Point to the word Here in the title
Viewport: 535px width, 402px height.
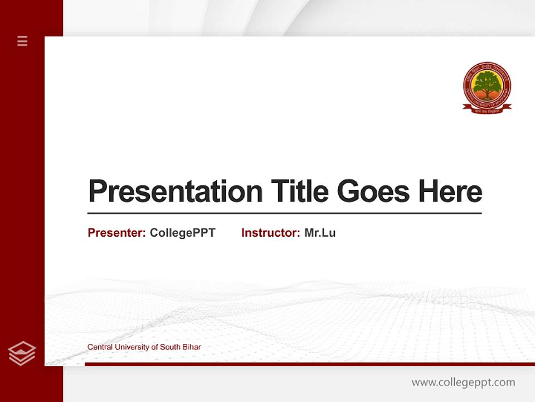450,192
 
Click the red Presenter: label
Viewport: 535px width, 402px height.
116,233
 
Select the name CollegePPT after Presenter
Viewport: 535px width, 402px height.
182,233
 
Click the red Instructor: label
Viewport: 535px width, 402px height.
270,233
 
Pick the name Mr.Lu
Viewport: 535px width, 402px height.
320,233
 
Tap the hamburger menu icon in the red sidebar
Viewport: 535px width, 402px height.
22,41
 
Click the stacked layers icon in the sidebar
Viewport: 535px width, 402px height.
22,353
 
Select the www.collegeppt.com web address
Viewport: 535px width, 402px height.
463,382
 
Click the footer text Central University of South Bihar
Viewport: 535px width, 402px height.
144,347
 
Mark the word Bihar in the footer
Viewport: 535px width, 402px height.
192,347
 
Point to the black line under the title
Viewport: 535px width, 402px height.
284,213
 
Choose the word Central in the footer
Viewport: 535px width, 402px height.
99,347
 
